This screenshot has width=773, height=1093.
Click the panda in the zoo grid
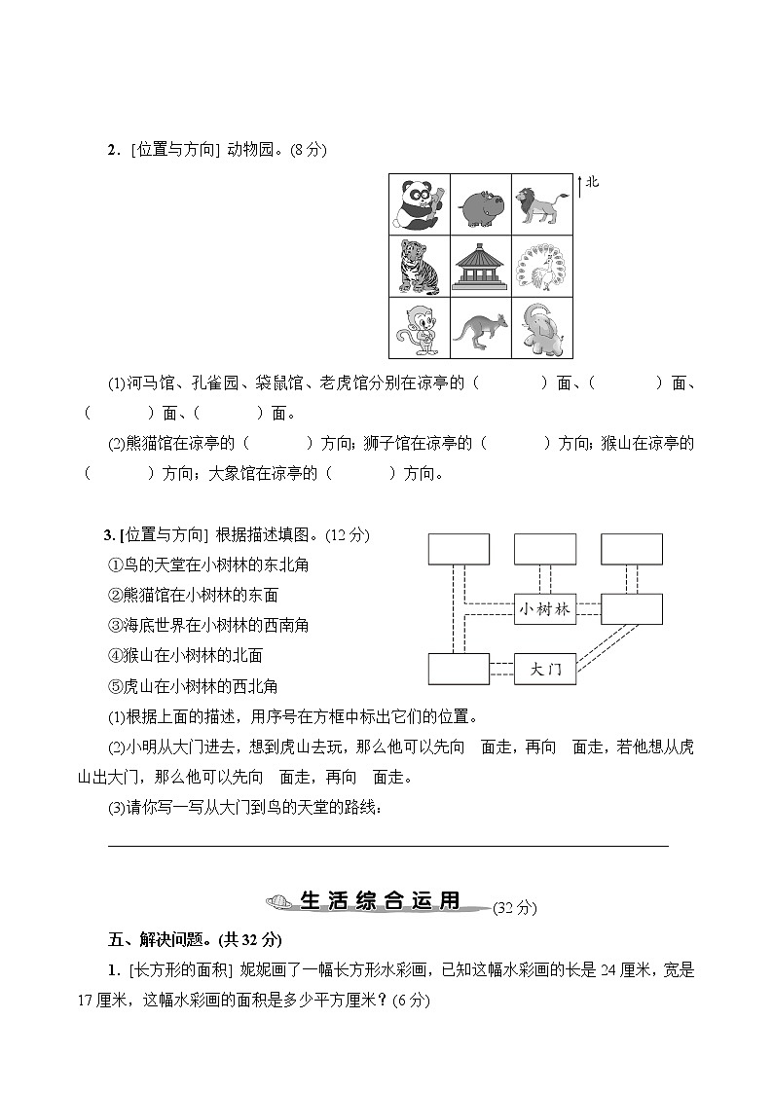click(x=420, y=203)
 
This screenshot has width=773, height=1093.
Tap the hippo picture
click(x=482, y=205)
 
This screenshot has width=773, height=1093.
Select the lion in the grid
click(x=542, y=204)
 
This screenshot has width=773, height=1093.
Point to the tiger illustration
click(x=420, y=266)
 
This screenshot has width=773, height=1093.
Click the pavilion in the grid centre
click(x=481, y=266)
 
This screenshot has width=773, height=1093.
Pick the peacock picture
click(x=542, y=266)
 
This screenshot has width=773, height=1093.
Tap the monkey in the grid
click(x=420, y=328)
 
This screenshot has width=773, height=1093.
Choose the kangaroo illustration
click(x=481, y=329)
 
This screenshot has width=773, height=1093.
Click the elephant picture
click(x=542, y=328)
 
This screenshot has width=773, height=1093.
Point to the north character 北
click(x=593, y=182)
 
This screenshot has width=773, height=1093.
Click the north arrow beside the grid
click(x=580, y=186)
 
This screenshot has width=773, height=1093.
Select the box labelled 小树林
click(x=544, y=609)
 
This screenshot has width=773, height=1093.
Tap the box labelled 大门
click(x=544, y=669)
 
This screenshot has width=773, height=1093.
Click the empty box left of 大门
click(x=459, y=669)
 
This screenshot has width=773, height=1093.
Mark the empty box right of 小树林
click(x=632, y=609)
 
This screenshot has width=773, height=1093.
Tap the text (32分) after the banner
click(x=514, y=908)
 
